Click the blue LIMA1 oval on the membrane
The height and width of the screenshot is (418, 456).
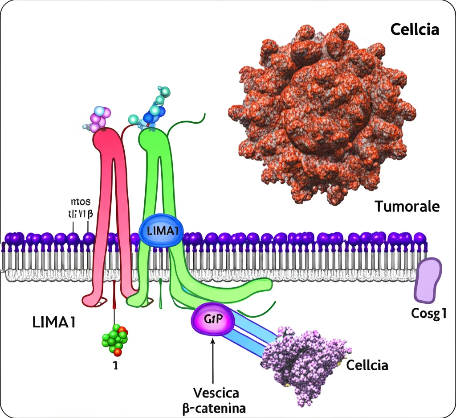click(x=159, y=232)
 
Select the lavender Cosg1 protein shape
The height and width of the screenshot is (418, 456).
click(x=428, y=280)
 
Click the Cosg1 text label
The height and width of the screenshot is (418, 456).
click(x=428, y=314)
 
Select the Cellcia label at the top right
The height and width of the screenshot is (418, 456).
click(x=415, y=30)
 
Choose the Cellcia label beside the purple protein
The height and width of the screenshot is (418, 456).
click(x=367, y=365)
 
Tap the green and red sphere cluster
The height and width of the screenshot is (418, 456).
click(x=114, y=339)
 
